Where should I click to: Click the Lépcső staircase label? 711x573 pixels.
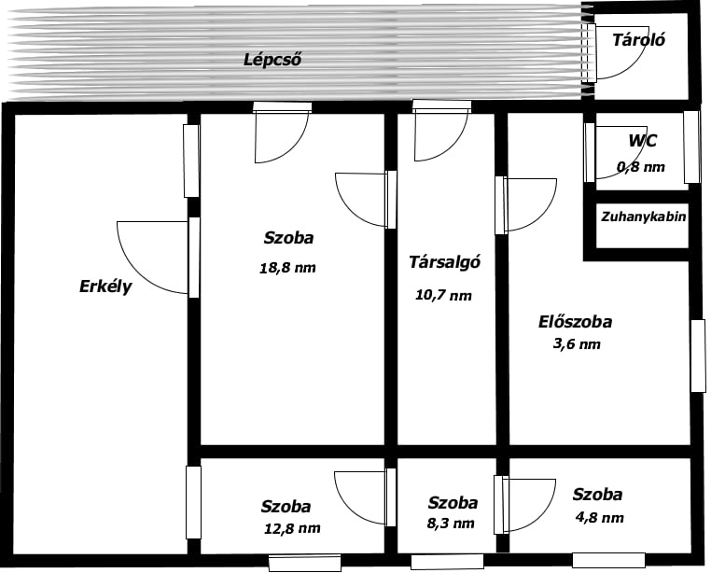(272, 60)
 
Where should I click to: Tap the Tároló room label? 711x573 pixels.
(638, 40)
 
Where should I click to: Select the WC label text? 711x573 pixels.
(642, 141)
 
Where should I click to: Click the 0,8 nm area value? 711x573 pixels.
(640, 167)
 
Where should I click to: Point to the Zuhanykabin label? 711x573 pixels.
(644, 217)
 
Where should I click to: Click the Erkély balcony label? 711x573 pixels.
(105, 286)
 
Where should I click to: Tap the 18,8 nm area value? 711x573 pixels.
(287, 268)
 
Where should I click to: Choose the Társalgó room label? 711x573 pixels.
(444, 262)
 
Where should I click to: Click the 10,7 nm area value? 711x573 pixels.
(443, 295)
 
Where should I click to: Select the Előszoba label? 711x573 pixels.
(575, 322)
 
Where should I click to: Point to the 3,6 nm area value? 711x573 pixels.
(577, 343)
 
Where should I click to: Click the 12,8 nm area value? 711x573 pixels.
(292, 528)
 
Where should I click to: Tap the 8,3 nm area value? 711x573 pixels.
(451, 524)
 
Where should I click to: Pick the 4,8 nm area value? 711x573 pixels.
(599, 518)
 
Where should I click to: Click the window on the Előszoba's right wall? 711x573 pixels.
(698, 356)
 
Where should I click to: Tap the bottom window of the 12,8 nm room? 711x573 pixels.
(305, 564)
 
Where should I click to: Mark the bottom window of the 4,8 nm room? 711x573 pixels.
(608, 560)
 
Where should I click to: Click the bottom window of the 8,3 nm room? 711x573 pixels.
(447, 562)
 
